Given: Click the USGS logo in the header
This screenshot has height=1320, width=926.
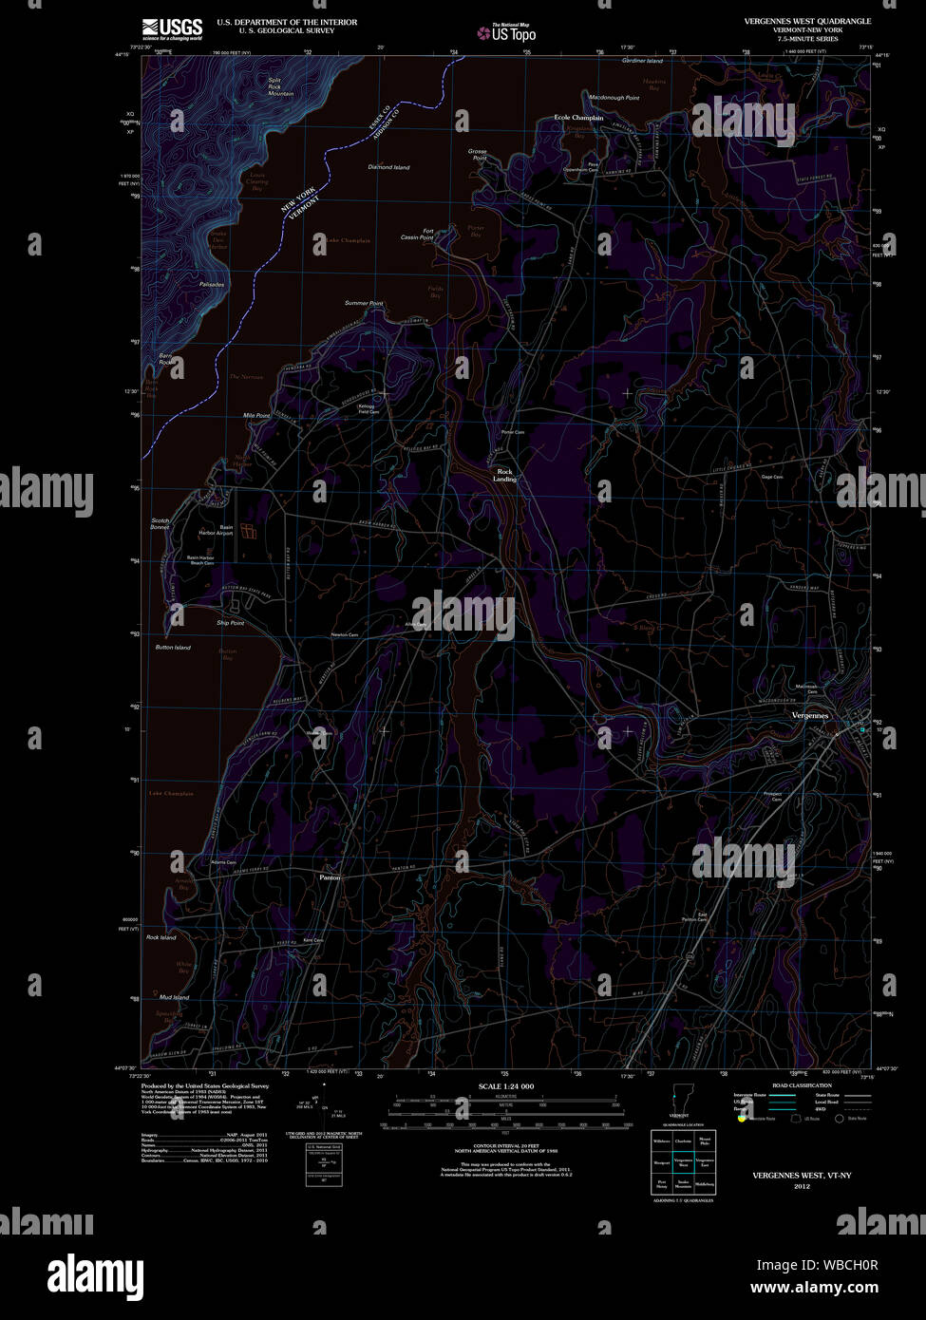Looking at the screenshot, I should [172, 28].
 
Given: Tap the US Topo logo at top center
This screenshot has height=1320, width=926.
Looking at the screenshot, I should [507, 33].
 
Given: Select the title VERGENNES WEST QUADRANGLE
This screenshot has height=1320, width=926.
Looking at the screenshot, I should [809, 21].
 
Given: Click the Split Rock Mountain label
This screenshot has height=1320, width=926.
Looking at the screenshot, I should [280, 86].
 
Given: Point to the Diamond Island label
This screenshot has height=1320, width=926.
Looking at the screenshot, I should [388, 167].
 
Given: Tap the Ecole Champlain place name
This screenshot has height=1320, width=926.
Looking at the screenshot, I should [578, 118].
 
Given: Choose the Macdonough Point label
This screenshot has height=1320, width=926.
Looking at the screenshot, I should [614, 98].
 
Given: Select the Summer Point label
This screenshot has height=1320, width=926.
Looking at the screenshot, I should [364, 303].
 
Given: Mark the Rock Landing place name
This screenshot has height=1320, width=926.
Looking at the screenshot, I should [504, 475].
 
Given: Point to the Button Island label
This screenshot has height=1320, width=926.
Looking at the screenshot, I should [173, 648].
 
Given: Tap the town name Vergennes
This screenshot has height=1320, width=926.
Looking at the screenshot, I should [810, 715].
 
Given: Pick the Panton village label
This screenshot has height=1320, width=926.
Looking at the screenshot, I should [329, 877].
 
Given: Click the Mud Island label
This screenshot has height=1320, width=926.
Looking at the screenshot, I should [174, 997].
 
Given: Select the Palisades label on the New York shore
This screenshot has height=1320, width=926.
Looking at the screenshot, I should [212, 284].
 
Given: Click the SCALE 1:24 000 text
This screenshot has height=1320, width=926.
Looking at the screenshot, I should [505, 1085].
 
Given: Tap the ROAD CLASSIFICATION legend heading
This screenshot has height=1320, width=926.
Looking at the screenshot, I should [802, 1084].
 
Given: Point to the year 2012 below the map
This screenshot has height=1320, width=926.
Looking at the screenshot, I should [802, 1186].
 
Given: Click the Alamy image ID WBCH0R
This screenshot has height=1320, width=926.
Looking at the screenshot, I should [817, 1265].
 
